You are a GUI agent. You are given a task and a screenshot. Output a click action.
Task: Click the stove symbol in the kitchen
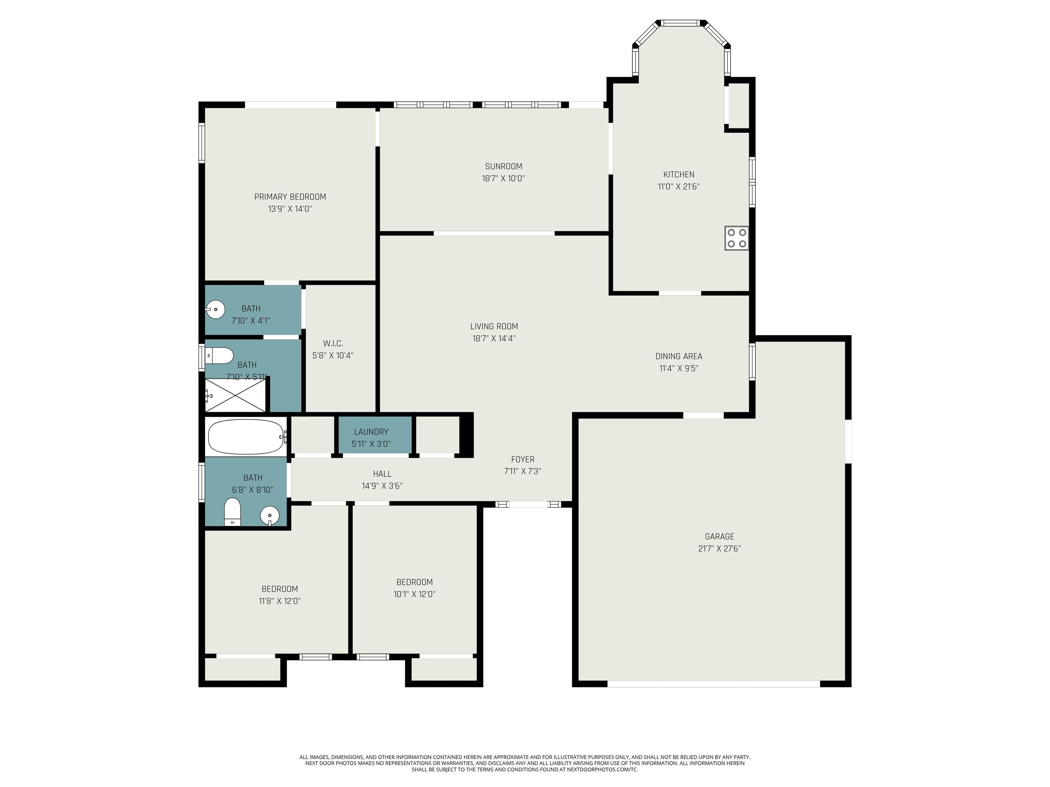pos(736,238)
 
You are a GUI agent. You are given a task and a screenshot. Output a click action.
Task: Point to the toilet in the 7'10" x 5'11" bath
pos(219,355)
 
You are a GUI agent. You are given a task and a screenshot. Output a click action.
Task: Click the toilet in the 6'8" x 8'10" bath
pos(233,512)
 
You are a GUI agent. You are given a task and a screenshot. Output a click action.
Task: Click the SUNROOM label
pos(504,166)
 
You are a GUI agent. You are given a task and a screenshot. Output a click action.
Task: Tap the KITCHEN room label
pos(679,175)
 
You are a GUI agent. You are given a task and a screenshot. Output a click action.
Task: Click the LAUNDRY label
pos(371,432)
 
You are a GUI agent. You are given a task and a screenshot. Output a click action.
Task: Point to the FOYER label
pos(523,459)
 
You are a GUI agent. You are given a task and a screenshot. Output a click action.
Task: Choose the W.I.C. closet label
pos(333,343)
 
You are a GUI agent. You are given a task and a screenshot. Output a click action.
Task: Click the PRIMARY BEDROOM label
pos(290,197)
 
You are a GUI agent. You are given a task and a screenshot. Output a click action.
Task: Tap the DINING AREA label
pos(679,356)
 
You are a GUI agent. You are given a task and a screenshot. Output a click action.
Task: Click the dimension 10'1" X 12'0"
pos(414,594)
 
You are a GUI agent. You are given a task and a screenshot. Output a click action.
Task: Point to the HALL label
pos(382,474)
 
